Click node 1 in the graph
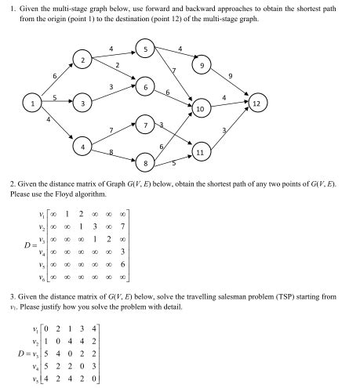[x=32, y=102]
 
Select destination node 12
[x=256, y=102]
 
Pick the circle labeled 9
[x=204, y=67]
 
